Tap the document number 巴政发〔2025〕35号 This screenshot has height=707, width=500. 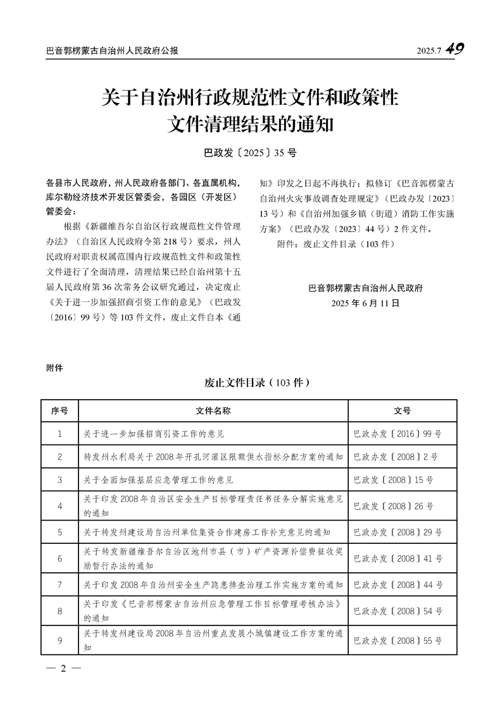(250, 152)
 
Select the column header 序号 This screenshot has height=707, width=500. (59, 411)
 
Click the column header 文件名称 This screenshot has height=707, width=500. (213, 411)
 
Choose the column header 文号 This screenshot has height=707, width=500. (402, 411)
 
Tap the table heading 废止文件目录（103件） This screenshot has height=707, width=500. (256, 383)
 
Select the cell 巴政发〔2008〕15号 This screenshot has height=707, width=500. (393, 480)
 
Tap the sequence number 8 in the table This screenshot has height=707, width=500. (59, 611)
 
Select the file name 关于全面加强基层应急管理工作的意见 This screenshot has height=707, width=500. (158, 480)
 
